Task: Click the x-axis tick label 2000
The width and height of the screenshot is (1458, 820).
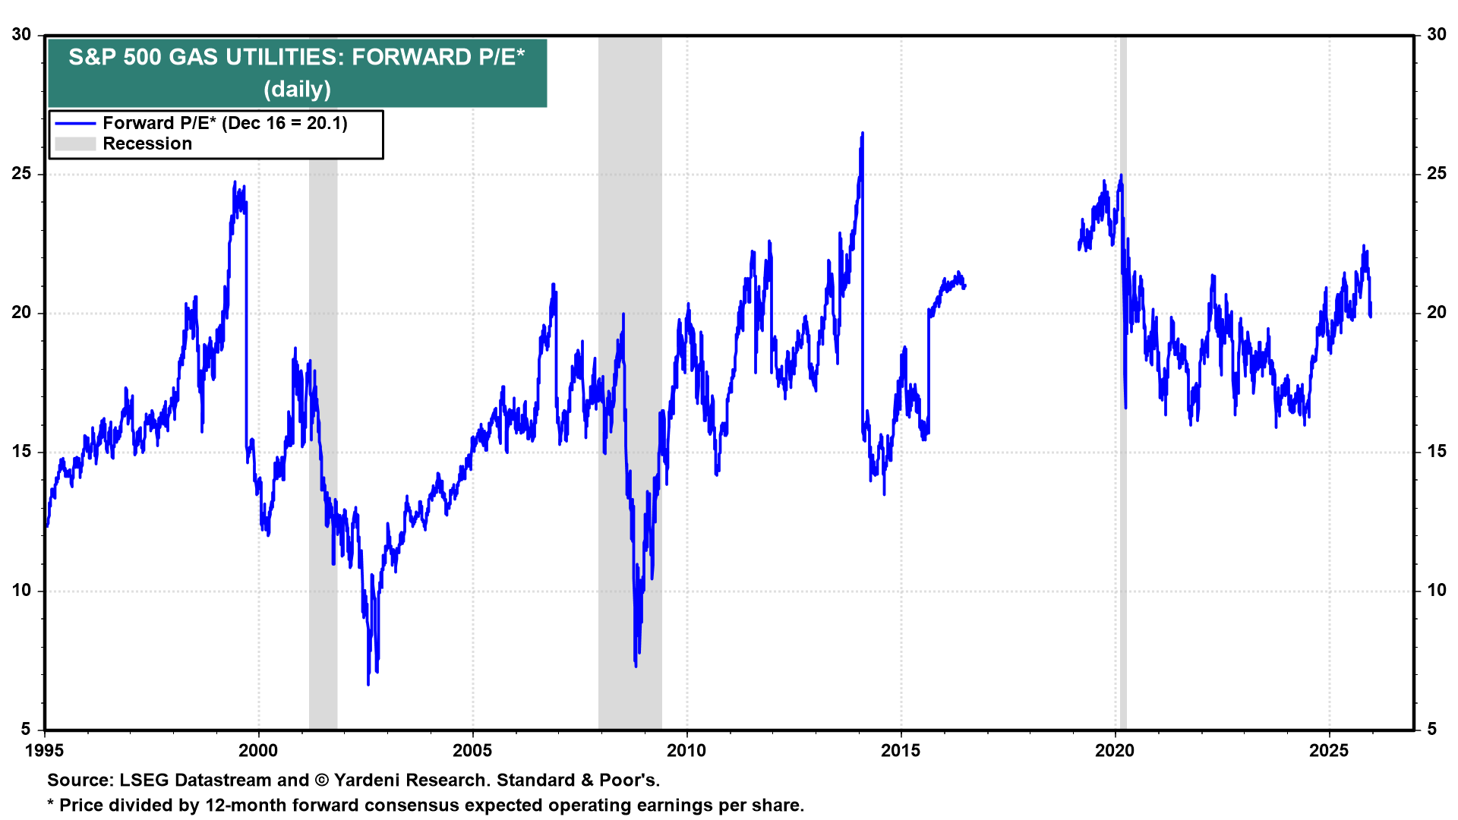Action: (258, 751)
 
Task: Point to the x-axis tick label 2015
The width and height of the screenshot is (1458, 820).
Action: (901, 751)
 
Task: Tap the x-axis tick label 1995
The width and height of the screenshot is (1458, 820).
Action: (44, 751)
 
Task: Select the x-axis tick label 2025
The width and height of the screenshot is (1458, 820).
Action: (1329, 751)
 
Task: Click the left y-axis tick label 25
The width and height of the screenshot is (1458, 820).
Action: (22, 174)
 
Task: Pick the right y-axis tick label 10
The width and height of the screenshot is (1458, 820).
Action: (1436, 591)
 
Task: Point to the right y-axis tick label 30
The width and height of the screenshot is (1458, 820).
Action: (1436, 35)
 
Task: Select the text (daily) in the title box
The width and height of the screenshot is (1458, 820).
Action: (297, 90)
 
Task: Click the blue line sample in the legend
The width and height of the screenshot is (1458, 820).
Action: (75, 124)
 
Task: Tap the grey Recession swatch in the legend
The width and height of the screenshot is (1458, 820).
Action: (75, 144)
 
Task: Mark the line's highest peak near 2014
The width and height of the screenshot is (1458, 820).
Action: (862, 134)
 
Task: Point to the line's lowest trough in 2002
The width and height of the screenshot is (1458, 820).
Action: (368, 684)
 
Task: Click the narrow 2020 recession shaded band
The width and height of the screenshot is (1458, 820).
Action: (1123, 456)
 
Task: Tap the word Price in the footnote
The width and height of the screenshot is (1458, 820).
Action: (81, 806)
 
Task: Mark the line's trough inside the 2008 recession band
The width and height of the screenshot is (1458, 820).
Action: (636, 666)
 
